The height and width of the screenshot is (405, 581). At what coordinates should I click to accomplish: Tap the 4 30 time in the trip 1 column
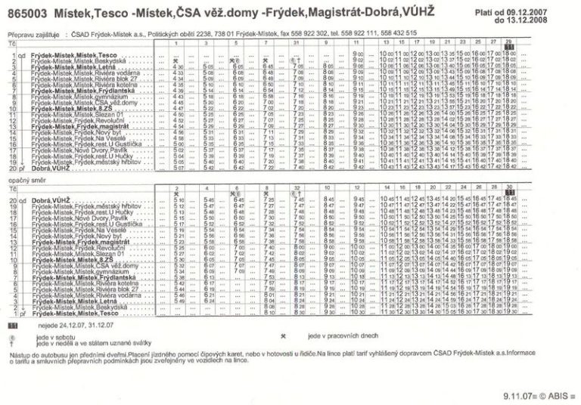(x=179, y=66)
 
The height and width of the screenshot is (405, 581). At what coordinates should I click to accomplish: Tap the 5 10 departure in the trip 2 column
(x=179, y=199)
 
